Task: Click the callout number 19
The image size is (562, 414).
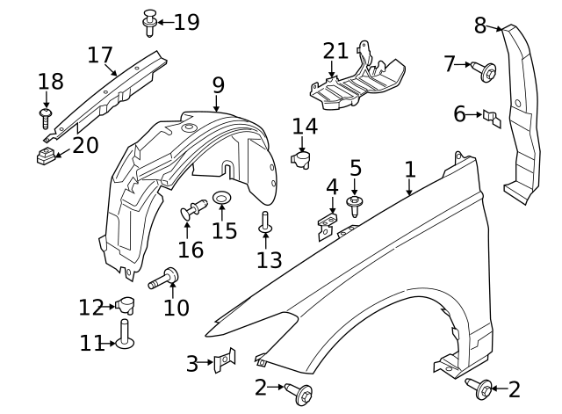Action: click(187, 22)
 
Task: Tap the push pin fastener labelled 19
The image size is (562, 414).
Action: click(150, 22)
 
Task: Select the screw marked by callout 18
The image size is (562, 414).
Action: click(46, 118)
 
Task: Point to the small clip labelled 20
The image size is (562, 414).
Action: click(46, 155)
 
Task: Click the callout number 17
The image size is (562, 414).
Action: click(100, 54)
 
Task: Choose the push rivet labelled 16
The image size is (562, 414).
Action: click(193, 209)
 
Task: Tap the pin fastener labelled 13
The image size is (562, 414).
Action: click(265, 222)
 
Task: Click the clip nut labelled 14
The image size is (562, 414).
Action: click(301, 159)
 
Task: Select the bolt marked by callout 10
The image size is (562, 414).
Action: click(164, 279)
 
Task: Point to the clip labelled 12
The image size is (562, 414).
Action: click(125, 305)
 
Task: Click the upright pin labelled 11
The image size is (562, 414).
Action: click(125, 334)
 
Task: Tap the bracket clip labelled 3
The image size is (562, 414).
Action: click(225, 360)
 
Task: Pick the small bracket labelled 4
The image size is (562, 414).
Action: click(328, 226)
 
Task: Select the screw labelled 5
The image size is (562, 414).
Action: click(355, 206)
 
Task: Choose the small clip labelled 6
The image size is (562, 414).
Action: click(492, 119)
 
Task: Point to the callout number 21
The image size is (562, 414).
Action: click(335, 51)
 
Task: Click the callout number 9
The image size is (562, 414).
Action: click(219, 85)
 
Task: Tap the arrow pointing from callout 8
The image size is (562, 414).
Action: click(494, 28)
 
